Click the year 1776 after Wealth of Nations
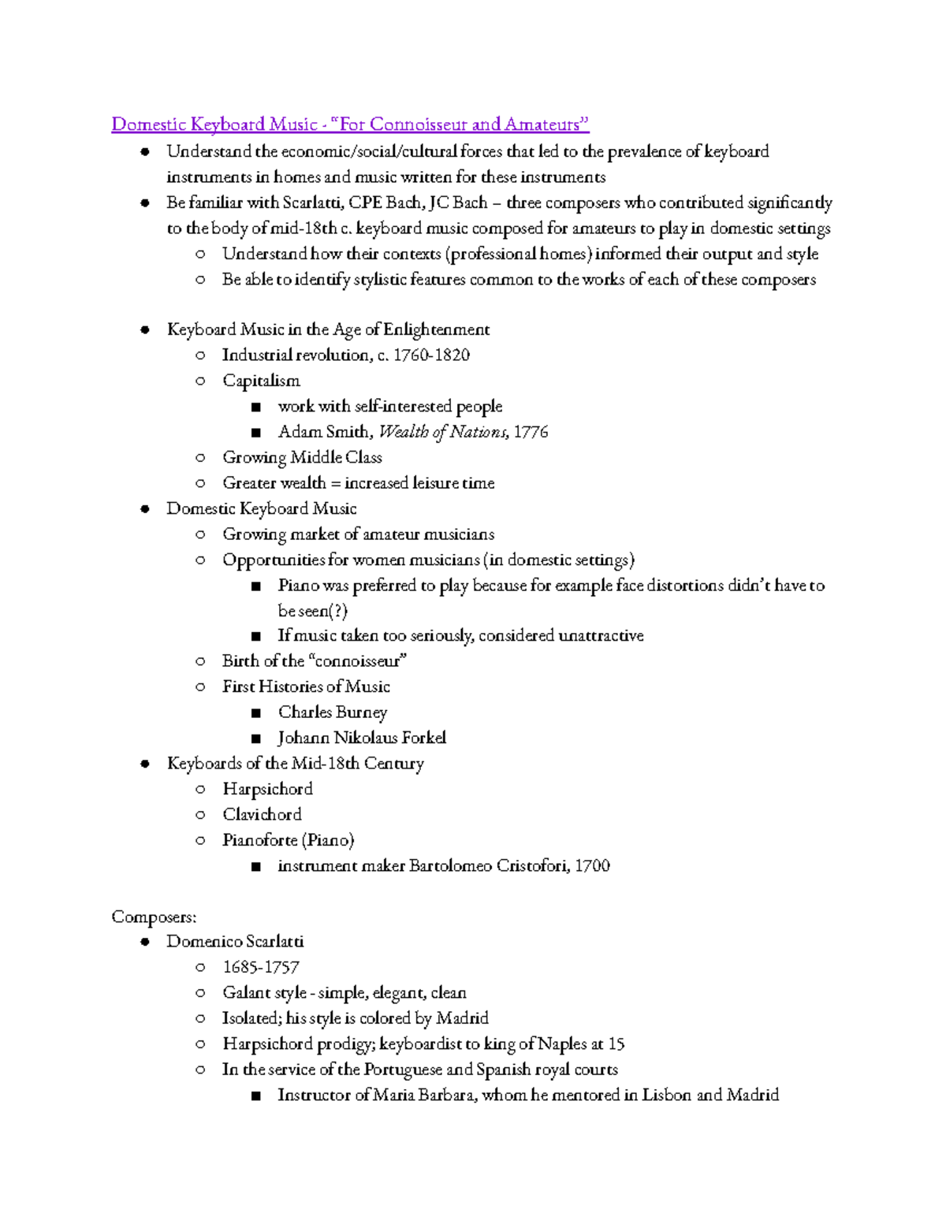531,432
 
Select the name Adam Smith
323,432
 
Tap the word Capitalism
261,381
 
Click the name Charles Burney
332,712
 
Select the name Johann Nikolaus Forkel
362,738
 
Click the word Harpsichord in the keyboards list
267,789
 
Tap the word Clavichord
262,814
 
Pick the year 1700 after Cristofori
592,865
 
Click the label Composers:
154,917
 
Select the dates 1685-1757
261,967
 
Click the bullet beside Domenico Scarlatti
145,942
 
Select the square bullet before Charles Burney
255,713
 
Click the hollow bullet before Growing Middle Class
200,458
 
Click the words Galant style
264,993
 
